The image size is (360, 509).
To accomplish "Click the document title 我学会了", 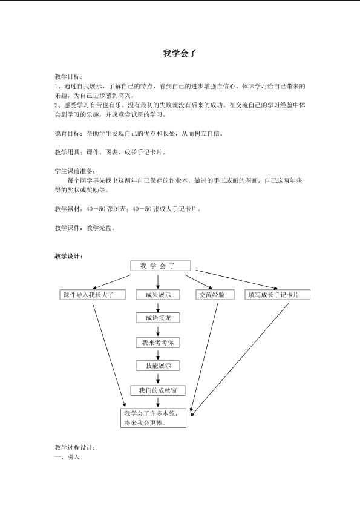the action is click(x=180, y=53).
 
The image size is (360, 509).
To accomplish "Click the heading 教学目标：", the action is click(x=68, y=77).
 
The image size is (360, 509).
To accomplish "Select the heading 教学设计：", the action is click(x=68, y=256).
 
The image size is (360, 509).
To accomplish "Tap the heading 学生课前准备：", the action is click(x=75, y=171).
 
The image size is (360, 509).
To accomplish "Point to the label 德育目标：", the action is click(x=68, y=133).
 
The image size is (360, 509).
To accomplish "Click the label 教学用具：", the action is click(x=68, y=152).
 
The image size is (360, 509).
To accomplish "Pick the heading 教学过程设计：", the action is click(x=75, y=448).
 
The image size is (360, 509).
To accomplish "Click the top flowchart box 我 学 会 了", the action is click(x=160, y=266).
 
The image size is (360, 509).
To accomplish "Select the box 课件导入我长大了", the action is click(x=93, y=295).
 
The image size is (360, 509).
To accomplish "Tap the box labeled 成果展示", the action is click(x=158, y=295).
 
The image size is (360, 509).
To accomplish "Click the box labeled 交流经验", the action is click(x=215, y=295).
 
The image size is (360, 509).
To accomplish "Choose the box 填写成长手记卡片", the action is click(x=277, y=295).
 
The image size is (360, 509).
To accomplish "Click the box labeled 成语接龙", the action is click(x=158, y=318).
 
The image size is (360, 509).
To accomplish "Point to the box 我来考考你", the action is click(x=158, y=343).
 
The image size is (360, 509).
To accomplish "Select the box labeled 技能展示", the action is click(x=158, y=366).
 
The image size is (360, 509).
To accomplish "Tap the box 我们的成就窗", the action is click(x=158, y=390).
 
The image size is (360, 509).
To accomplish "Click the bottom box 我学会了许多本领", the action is click(x=153, y=418).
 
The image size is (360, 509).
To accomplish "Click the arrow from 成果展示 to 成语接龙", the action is click(x=158, y=307).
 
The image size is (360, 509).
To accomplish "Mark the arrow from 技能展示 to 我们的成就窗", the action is click(x=158, y=379).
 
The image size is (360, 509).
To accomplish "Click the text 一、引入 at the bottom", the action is click(x=67, y=457).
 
